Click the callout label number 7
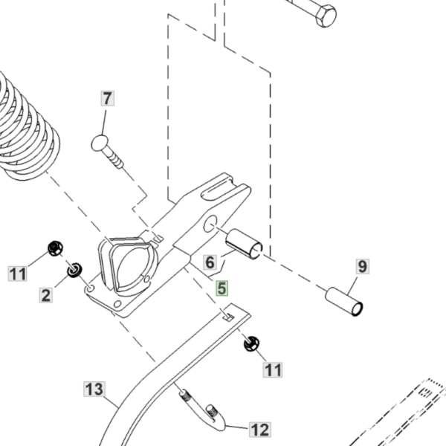(x=108, y=98)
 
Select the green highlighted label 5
(x=222, y=288)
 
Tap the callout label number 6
(x=210, y=262)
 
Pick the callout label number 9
(x=363, y=267)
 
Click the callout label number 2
(x=46, y=295)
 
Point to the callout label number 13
(x=94, y=389)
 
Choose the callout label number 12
(x=260, y=430)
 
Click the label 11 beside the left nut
(x=18, y=274)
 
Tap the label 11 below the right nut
(x=273, y=369)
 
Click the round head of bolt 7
(x=100, y=143)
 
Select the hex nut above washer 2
(x=56, y=248)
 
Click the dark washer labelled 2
(x=75, y=270)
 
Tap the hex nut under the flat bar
(x=251, y=343)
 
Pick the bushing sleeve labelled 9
(x=344, y=302)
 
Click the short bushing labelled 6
(x=244, y=244)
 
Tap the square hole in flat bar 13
(x=229, y=317)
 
